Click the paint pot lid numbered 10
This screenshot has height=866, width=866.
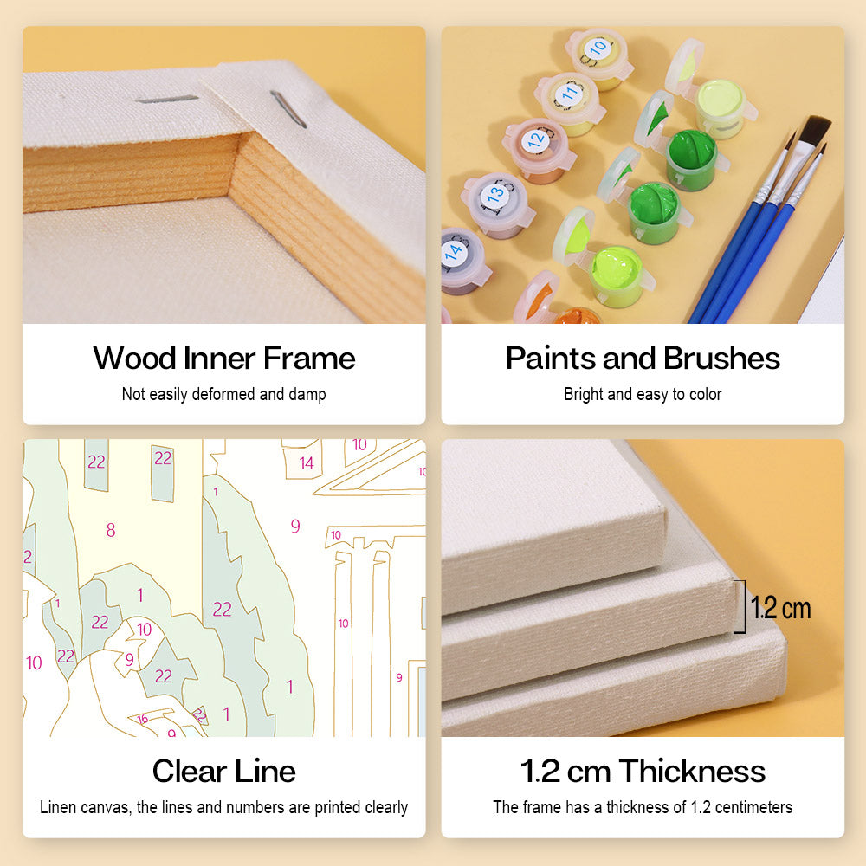[x=596, y=51]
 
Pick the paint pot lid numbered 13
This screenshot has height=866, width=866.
[x=494, y=196]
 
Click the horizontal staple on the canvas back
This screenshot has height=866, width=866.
[x=166, y=100]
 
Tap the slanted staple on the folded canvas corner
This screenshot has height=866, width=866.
[x=288, y=109]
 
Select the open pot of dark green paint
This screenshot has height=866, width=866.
[x=691, y=158]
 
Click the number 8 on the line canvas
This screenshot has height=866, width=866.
[x=111, y=530]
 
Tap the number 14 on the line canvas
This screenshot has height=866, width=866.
[x=307, y=462]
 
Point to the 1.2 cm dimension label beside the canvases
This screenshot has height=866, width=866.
[x=780, y=608]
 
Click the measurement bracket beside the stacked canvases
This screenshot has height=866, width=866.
[x=743, y=606]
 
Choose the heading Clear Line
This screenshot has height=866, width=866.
[x=223, y=771]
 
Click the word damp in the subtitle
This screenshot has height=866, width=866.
[x=307, y=394]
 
